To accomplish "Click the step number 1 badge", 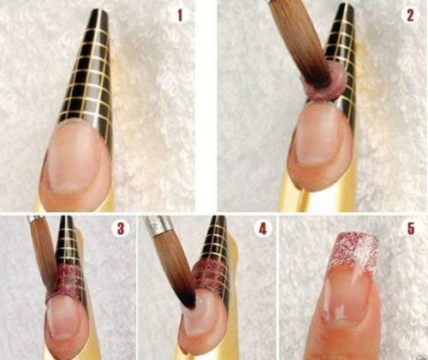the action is pyautogui.click(x=180, y=15).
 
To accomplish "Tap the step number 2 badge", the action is pyautogui.click(x=410, y=15).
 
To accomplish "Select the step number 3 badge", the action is pyautogui.click(x=121, y=228).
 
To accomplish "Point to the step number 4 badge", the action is pyautogui.click(x=263, y=228).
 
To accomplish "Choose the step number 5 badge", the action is pyautogui.click(x=411, y=228).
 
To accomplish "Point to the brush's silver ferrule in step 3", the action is pyautogui.click(x=35, y=219).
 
